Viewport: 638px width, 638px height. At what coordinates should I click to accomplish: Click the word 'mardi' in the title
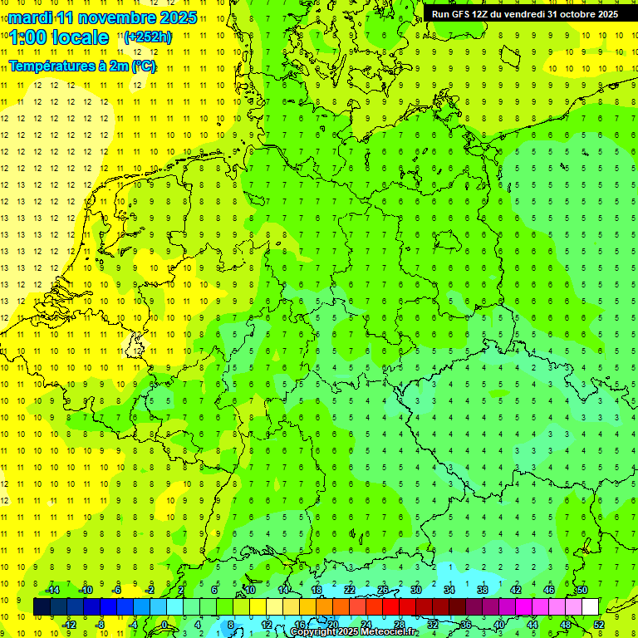click(30, 17)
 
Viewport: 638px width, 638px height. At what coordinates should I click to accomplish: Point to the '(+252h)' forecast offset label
click(148, 37)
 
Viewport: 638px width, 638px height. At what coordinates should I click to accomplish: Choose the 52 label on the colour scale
click(599, 625)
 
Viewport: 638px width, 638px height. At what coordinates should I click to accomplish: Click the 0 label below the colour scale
click(164, 625)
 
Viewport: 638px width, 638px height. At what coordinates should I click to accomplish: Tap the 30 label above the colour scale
click(416, 590)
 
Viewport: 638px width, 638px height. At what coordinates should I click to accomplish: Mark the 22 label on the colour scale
click(350, 590)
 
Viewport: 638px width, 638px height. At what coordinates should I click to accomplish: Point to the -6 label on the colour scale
click(117, 590)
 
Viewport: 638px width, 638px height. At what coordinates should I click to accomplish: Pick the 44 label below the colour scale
click(532, 625)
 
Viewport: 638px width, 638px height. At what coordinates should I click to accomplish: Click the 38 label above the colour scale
click(483, 590)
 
